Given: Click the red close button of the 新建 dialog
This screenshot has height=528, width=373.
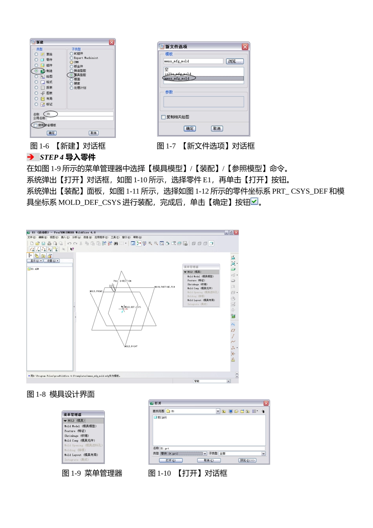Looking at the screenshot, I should pyautogui.click(x=112, y=42).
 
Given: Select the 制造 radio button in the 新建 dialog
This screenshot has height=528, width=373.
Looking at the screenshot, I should pyautogui.click(x=37, y=71).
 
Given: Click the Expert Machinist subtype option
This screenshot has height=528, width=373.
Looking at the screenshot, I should pyautogui.click(x=72, y=58).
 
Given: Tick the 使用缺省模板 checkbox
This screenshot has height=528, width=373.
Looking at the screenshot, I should pyautogui.click(x=36, y=125).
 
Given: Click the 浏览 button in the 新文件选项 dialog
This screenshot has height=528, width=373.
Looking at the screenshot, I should pyautogui.click(x=235, y=61).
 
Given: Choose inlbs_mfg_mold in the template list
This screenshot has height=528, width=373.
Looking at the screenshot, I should pyautogui.click(x=178, y=74).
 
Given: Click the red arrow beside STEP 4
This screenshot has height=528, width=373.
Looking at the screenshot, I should pyautogui.click(x=31, y=157).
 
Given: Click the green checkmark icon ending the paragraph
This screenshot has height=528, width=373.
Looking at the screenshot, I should pyautogui.click(x=254, y=202).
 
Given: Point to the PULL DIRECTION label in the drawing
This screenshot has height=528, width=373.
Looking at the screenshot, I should pyautogui.click(x=123, y=281).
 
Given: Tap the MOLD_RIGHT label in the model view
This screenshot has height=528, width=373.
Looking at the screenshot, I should pyautogui.click(x=131, y=346).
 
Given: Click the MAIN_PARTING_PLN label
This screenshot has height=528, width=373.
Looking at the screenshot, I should pyautogui.click(x=165, y=287).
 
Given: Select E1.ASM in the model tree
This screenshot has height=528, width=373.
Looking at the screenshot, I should pyautogui.click(x=35, y=269).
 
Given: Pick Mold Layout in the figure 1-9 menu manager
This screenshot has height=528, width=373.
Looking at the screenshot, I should pyautogui.click(x=81, y=455).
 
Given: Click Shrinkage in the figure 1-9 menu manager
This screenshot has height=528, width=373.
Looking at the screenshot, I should pyautogui.click(x=77, y=436).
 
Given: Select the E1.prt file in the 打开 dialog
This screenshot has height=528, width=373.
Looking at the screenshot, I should pyautogui.click(x=162, y=417).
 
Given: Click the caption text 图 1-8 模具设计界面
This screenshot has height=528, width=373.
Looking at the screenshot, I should pyautogui.click(x=60, y=394).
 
